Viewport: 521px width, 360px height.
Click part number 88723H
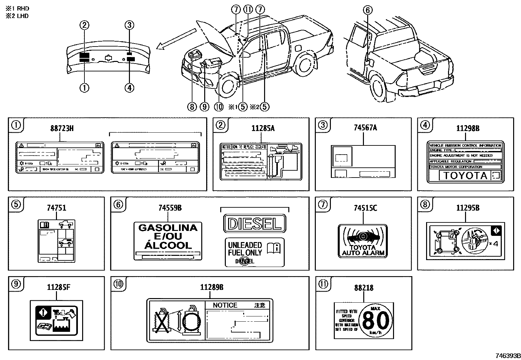[x=62, y=128]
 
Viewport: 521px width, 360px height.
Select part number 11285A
[x=263, y=128]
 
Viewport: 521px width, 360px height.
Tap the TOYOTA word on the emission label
[x=465, y=176]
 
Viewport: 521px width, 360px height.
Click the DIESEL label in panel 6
[x=255, y=224]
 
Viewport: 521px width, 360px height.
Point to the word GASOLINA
[x=168, y=228]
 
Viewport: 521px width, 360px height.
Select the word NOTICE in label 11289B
[x=225, y=305]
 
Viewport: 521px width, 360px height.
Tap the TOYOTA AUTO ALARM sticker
[x=363, y=241]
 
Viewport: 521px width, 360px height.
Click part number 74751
[x=56, y=208]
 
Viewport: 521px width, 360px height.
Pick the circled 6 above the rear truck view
[x=368, y=10]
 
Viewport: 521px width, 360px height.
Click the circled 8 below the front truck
[x=192, y=106]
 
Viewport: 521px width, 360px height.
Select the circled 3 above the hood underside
[x=130, y=25]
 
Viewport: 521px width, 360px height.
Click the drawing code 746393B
[x=507, y=356]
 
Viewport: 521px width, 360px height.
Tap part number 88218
[x=364, y=288]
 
